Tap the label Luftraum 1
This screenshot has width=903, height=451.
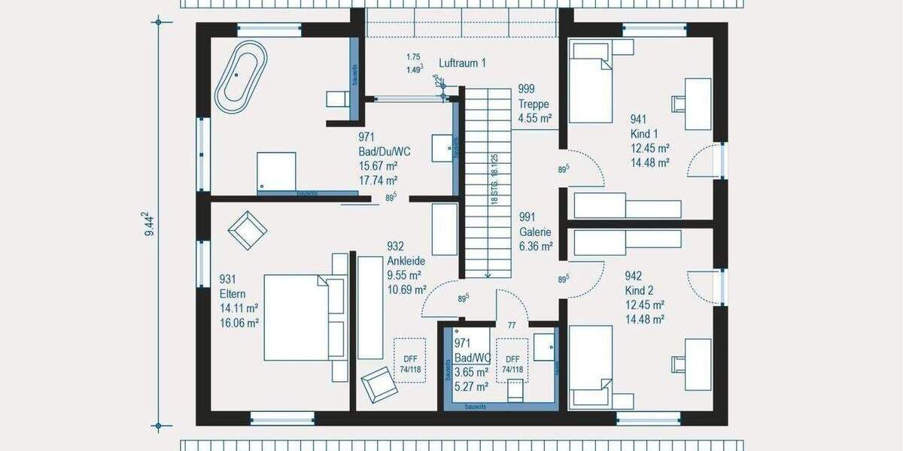coord(462,63)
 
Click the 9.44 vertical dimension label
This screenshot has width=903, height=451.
coord(150,224)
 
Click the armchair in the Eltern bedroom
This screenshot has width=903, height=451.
coord(247,229)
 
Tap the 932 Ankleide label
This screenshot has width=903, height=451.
coord(406,253)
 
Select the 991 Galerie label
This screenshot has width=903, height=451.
coord(535,225)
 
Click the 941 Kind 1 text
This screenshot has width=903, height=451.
coord(643,126)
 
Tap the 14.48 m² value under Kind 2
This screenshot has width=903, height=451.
coord(644,319)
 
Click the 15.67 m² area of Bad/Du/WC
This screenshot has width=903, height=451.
coord(378,166)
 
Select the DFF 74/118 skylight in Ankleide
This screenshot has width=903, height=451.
coord(410,360)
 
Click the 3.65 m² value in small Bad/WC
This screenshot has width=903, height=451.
coord(472,372)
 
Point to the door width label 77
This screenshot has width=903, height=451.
coord(511,325)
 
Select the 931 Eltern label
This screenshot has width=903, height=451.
coord(233,286)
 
